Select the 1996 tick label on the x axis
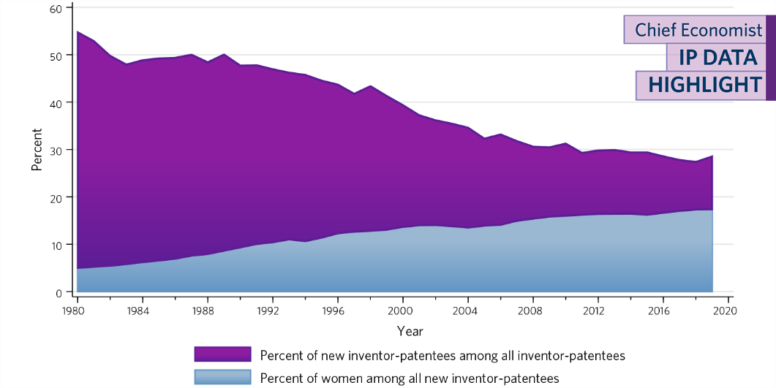tap(337, 310)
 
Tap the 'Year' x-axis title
tap(410, 331)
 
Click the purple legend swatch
tap(222, 355)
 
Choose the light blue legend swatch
tap(222, 378)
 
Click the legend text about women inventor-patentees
tap(409, 379)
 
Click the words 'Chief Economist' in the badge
tap(698, 30)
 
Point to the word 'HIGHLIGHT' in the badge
tap(705, 85)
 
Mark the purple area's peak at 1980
tap(77, 32)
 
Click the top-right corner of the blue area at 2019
tap(712, 210)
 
